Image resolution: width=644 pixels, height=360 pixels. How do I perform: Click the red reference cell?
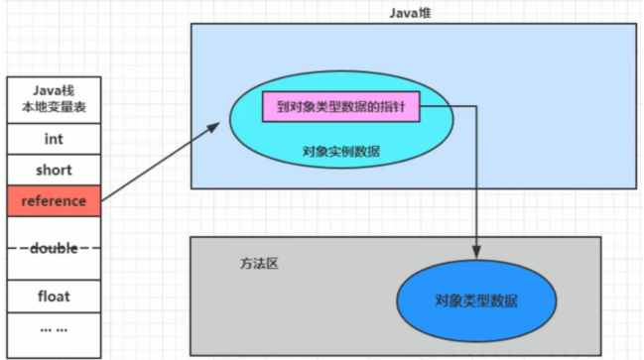click(x=53, y=201)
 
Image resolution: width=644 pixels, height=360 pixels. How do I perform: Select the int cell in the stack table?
click(x=53, y=140)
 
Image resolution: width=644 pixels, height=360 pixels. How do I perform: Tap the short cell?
click(x=53, y=171)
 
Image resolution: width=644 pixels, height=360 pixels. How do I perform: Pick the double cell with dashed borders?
click(x=53, y=248)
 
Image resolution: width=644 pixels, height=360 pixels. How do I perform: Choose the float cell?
click(x=53, y=296)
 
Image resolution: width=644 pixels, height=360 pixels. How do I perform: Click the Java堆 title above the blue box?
click(x=412, y=12)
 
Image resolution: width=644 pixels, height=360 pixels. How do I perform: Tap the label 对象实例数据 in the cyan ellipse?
click(x=340, y=152)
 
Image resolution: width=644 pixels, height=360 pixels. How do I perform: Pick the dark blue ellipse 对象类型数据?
click(x=476, y=300)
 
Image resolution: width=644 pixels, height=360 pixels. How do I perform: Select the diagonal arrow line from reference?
click(x=159, y=165)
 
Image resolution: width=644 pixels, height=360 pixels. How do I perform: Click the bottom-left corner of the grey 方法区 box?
click(x=191, y=354)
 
